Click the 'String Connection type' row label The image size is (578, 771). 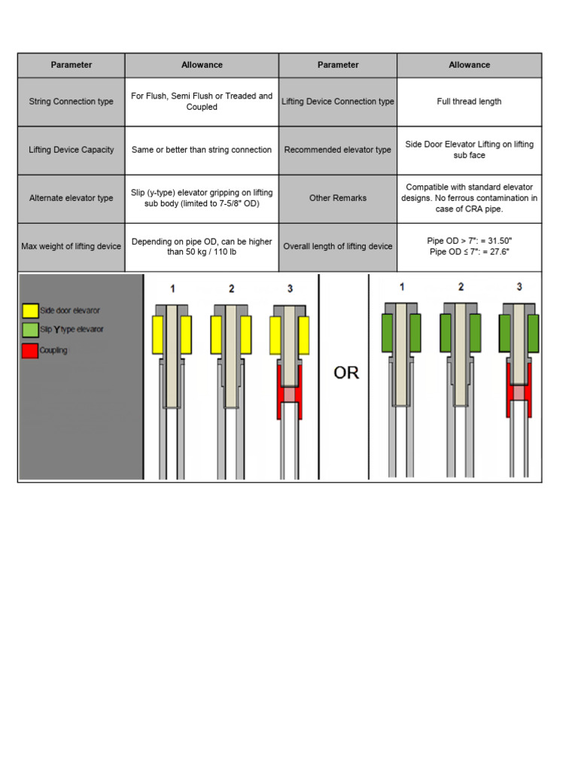71,102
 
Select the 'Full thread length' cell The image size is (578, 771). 469,102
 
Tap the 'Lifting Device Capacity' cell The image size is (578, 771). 71,150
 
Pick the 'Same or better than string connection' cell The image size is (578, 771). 202,150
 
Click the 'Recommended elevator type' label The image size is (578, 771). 337,150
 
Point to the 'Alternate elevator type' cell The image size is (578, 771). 71,198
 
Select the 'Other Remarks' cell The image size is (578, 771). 337,198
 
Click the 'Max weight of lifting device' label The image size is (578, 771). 71,246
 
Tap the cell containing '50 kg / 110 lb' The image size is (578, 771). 202,246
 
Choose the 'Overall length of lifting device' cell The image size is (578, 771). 337,246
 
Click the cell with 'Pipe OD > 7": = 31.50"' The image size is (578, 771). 469,246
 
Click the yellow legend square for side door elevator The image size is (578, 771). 30,310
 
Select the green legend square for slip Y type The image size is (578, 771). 30,330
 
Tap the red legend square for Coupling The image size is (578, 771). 30,350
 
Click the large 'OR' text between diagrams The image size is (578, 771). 346,373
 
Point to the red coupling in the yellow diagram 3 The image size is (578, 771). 289,393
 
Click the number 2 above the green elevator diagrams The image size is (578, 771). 461,287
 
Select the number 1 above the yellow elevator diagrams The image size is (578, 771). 172,288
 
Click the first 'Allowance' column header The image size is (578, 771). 202,66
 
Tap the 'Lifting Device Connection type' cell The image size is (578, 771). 337,102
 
